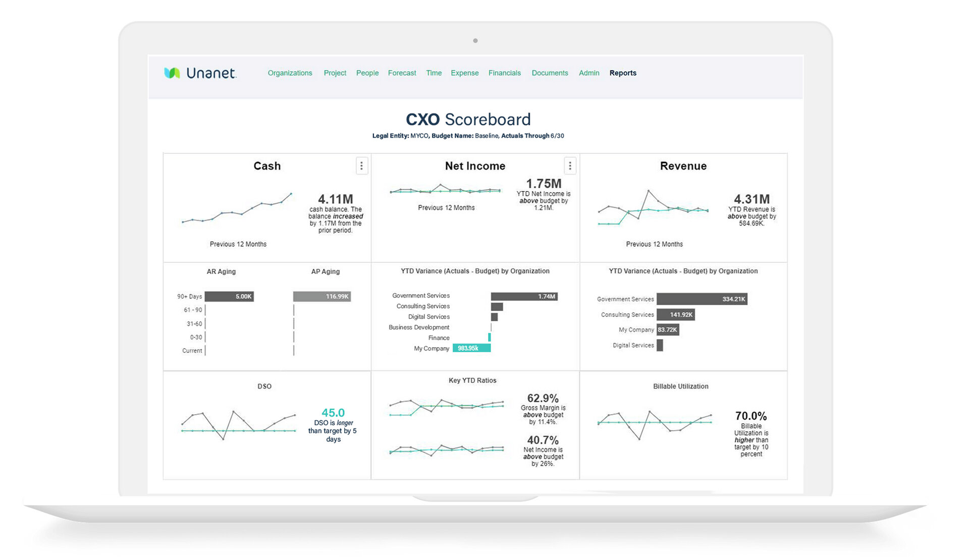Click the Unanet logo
[x=200, y=73]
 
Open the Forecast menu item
[x=402, y=73]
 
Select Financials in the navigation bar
[x=504, y=73]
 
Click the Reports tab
[x=623, y=73]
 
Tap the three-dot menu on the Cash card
[x=361, y=166]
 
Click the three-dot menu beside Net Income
[x=570, y=166]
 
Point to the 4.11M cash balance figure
[x=336, y=199]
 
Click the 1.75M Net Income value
[x=544, y=184]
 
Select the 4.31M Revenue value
[x=751, y=199]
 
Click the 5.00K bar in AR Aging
[x=229, y=297]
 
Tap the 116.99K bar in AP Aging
[x=322, y=297]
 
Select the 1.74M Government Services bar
[x=524, y=297]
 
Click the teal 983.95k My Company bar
[x=471, y=348]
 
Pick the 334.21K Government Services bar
[x=702, y=299]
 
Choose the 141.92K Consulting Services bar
[x=675, y=315]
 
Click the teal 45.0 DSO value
[x=333, y=413]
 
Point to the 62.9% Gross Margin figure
[x=543, y=398]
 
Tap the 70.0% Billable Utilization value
[x=751, y=416]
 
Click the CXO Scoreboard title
[x=468, y=120]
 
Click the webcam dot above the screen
[x=475, y=41]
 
